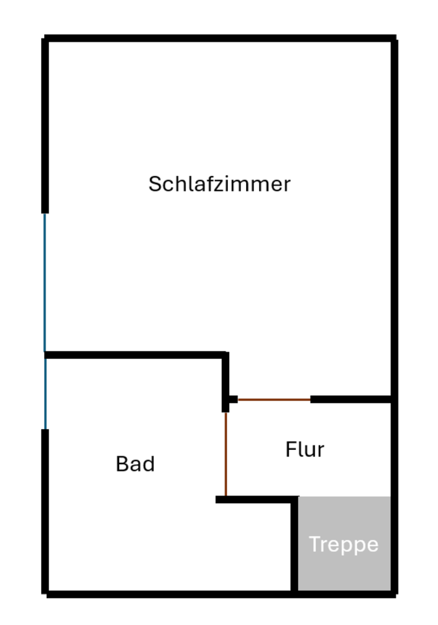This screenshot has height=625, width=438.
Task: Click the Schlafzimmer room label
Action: click(x=219, y=184)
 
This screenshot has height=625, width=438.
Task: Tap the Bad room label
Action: click(x=135, y=464)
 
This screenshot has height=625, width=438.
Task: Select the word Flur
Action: click(x=305, y=450)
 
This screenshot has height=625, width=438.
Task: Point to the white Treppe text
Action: click(x=344, y=544)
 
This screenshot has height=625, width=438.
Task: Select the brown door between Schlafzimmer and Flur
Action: click(x=274, y=399)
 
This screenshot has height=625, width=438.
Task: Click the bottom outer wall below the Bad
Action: click(x=169, y=594)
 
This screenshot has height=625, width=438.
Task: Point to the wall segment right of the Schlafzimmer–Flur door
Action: click(x=351, y=399)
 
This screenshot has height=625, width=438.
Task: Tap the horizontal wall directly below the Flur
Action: click(x=256, y=499)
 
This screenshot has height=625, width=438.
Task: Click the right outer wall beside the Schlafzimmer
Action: click(x=394, y=215)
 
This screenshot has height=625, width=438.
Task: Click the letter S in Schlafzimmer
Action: click(x=154, y=184)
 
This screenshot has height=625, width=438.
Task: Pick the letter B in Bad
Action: click(x=122, y=464)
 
